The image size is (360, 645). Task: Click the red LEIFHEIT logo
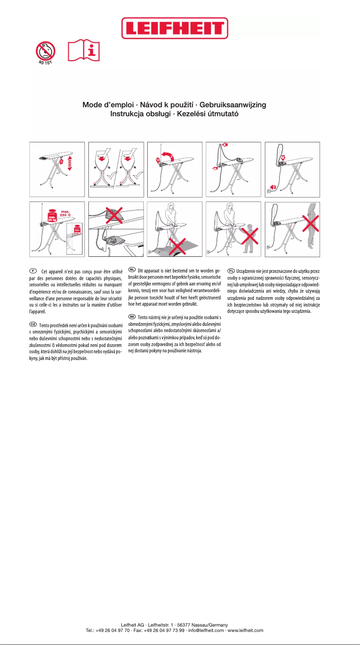click(x=175, y=28)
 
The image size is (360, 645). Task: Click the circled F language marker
click(x=33, y=271)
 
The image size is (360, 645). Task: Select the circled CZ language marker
click(x=33, y=324)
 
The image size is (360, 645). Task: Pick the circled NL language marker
click(x=132, y=269)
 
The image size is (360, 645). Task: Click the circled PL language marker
click(x=231, y=270)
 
